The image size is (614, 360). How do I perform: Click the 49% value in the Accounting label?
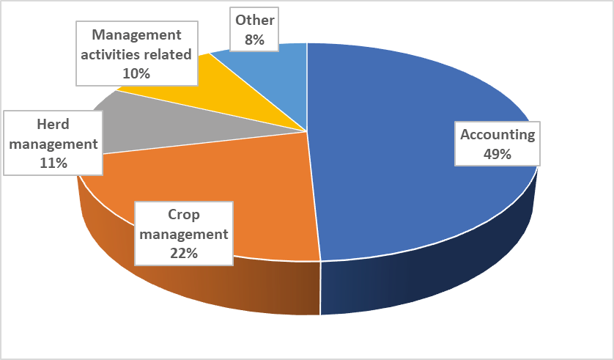click(497, 154)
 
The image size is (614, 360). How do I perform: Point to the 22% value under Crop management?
click(183, 253)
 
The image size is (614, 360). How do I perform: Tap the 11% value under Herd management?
click(53, 163)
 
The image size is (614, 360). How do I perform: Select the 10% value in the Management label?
click(136, 73)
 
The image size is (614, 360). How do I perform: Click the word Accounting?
click(497, 135)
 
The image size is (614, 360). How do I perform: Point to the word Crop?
click(183, 216)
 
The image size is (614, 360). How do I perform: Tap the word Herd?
click(53, 125)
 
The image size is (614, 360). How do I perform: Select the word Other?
click(254, 21)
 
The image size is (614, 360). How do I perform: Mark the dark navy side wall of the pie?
click(440, 271)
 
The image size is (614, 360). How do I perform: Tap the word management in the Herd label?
click(53, 144)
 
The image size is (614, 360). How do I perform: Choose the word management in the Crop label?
click(183, 235)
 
